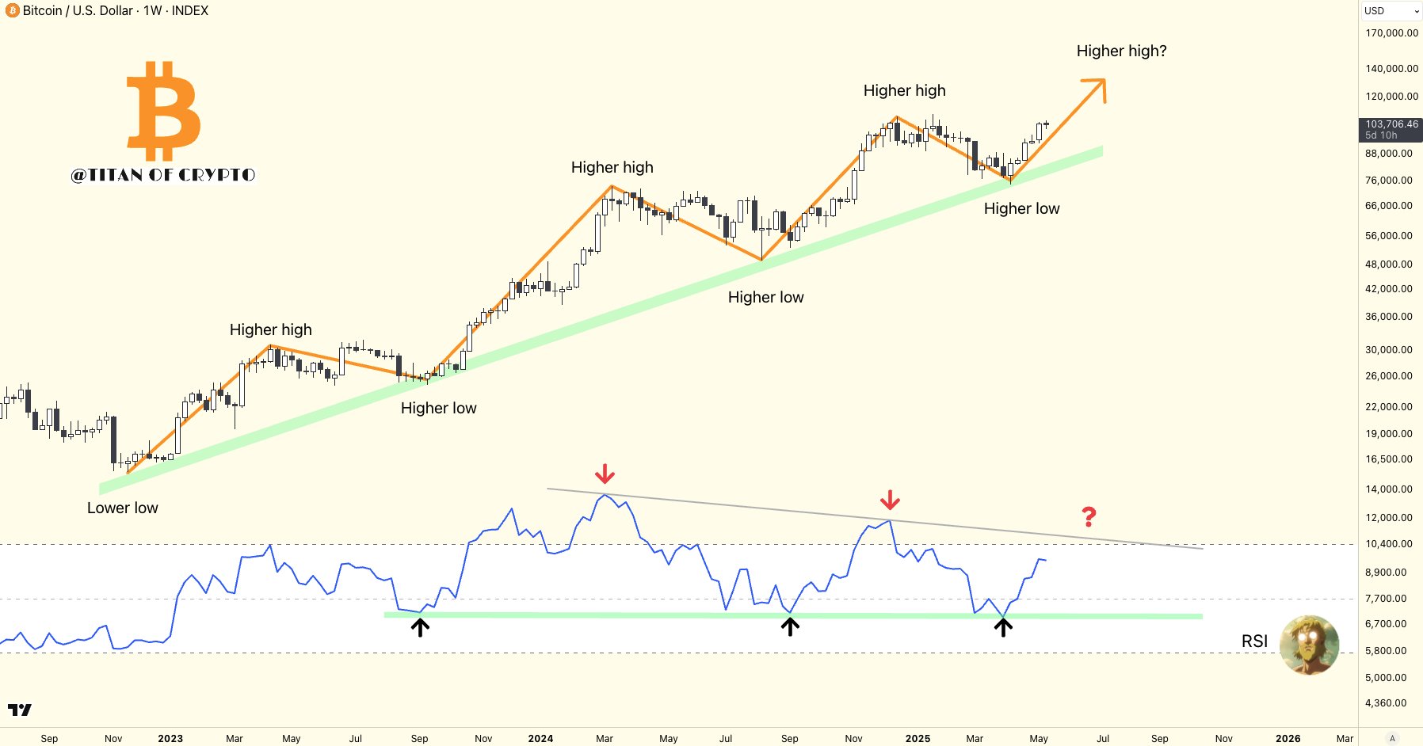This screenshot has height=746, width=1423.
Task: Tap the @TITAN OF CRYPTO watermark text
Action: click(163, 175)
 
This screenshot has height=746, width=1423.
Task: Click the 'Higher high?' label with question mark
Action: click(1121, 51)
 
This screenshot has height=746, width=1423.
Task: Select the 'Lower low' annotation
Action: click(123, 508)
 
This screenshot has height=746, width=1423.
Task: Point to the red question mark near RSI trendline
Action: click(1089, 517)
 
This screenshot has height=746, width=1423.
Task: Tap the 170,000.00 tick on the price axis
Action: click(1391, 33)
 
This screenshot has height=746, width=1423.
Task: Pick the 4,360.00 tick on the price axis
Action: click(1386, 703)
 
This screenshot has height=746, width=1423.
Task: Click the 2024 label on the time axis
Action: click(540, 738)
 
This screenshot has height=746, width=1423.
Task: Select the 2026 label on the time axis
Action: click(1288, 738)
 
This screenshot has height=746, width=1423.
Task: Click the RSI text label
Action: click(1254, 641)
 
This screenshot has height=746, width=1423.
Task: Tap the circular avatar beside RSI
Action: click(1309, 645)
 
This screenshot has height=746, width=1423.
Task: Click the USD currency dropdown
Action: click(1391, 11)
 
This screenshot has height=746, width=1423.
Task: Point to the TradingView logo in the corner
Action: click(20, 710)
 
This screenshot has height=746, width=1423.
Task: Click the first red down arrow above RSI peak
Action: click(605, 474)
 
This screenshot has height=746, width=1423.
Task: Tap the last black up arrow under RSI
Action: click(1003, 627)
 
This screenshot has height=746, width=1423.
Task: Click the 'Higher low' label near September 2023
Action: click(438, 409)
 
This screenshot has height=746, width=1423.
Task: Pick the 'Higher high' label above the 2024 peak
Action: click(612, 168)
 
